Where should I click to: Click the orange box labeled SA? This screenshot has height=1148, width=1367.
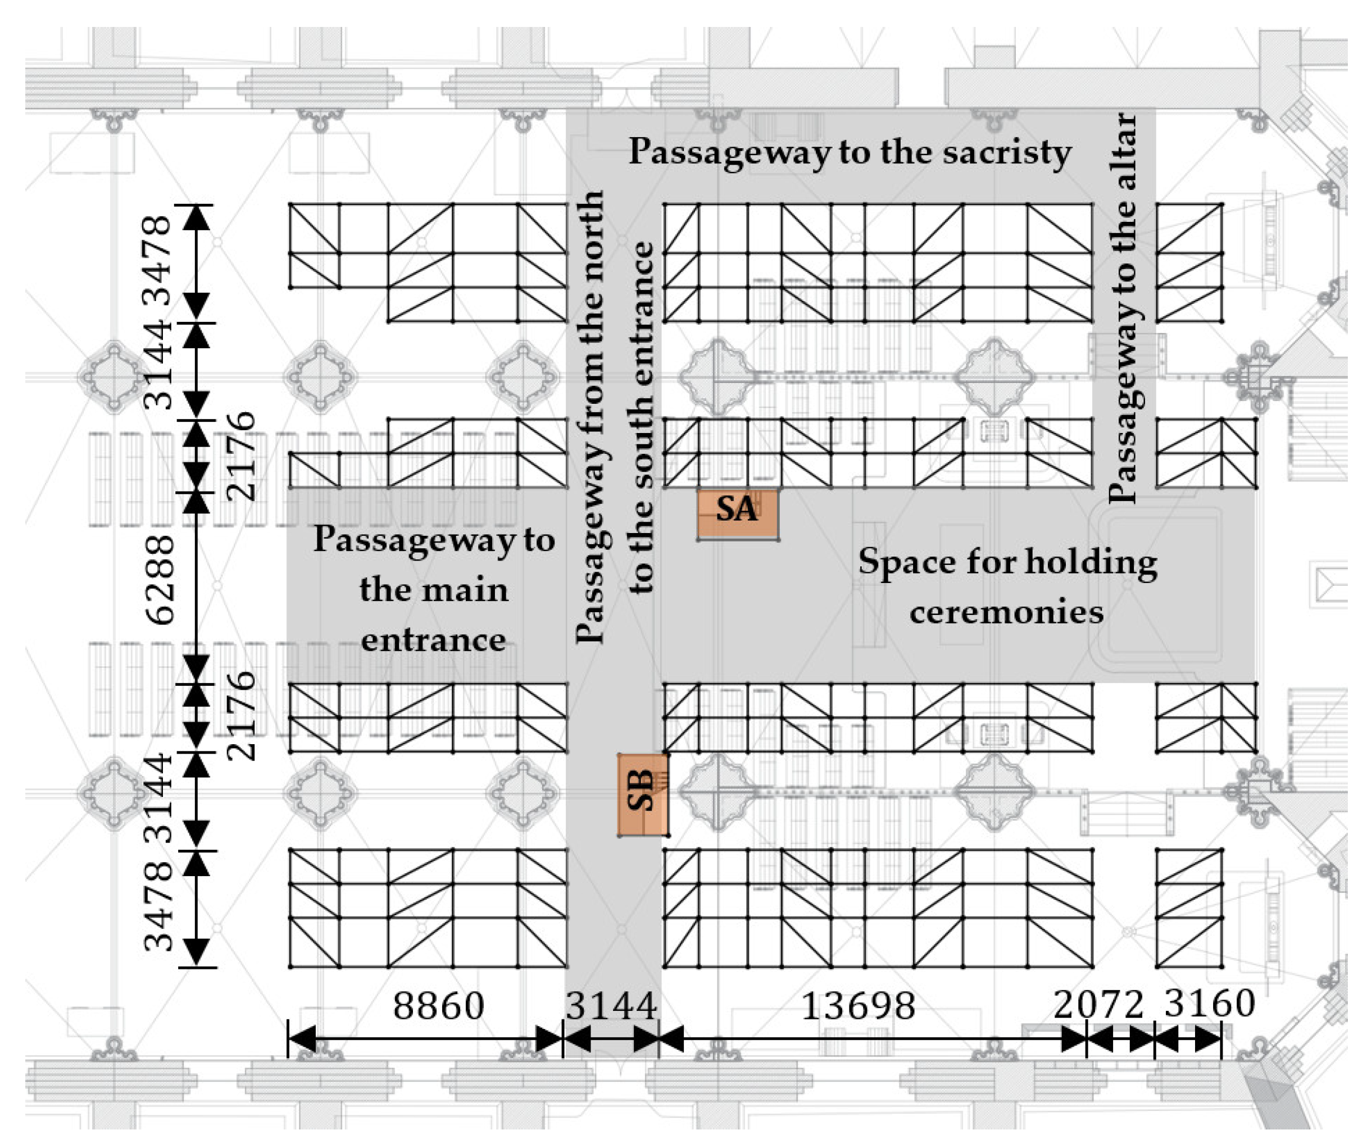click(738, 514)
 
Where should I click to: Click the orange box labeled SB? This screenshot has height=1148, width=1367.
click(643, 794)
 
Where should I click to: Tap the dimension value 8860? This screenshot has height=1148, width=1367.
click(439, 1005)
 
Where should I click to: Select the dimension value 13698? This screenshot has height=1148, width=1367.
click(858, 1005)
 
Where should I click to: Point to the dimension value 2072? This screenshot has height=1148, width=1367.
click(1099, 1004)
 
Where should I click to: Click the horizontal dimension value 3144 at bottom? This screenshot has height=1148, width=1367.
click(611, 1005)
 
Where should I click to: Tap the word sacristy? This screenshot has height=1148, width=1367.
click(1006, 153)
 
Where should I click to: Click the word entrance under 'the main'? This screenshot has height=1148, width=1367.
click(434, 640)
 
